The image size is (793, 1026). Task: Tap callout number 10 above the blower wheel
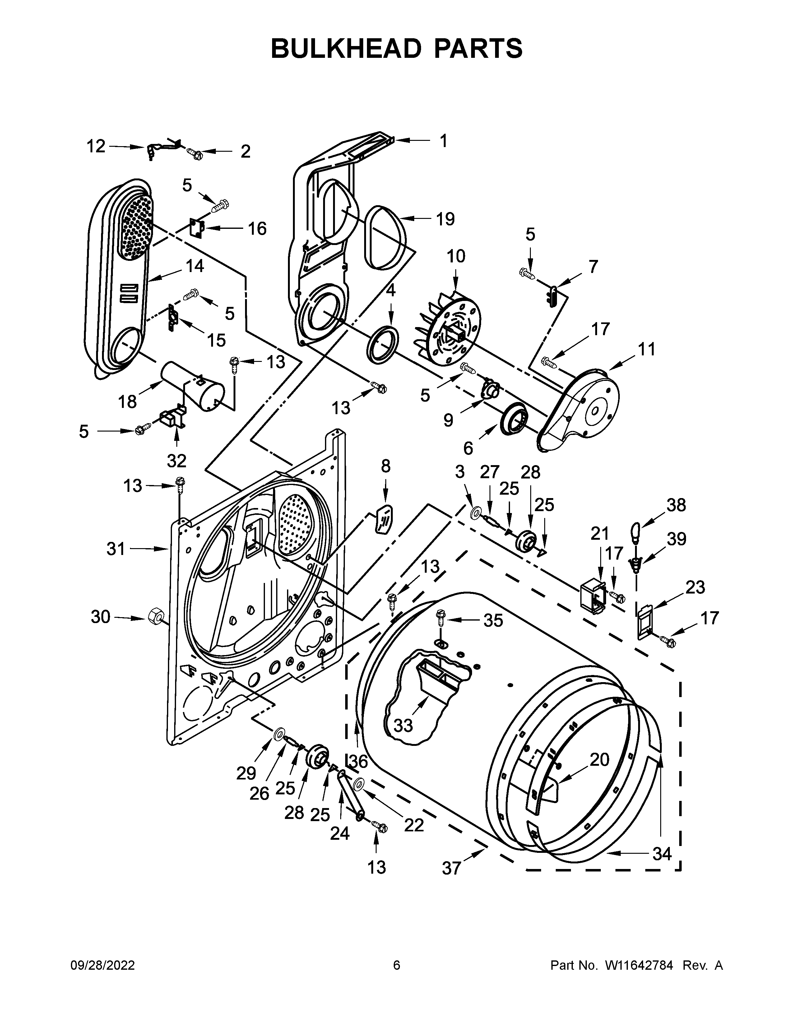(x=455, y=256)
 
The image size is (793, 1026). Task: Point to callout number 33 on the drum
(x=403, y=725)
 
